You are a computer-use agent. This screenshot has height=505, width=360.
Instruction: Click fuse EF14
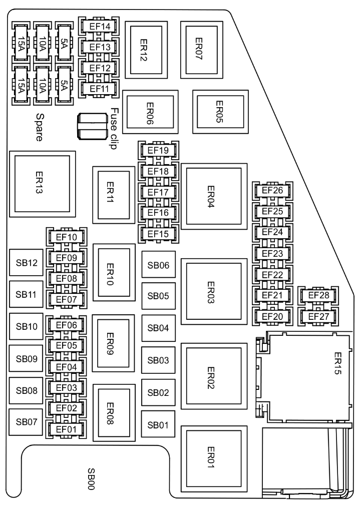coord(99,27)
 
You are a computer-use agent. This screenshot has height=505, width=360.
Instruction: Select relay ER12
coord(146,50)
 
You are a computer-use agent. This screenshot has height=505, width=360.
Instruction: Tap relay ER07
coord(202,50)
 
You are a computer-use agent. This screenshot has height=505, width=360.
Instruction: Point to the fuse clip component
coord(92,126)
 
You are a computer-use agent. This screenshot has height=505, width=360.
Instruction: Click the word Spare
coord(40,127)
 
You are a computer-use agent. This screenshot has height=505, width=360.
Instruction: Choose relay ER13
coord(43,184)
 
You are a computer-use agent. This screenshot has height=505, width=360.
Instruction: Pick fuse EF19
coord(158,151)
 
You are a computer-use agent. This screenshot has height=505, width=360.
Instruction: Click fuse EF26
coord(273,191)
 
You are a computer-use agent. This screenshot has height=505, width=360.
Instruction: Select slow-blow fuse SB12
coord(26,262)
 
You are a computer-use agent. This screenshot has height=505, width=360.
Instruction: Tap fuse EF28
coord(318,295)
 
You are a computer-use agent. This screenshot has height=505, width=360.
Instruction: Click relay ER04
coord(214,196)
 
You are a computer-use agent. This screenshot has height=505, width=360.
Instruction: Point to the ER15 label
coord(337,363)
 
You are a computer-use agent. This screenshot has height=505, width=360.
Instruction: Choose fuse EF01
coord(67,429)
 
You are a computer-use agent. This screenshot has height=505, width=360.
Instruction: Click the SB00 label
coord(91,479)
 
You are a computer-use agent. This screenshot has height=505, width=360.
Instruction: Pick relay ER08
coord(114,412)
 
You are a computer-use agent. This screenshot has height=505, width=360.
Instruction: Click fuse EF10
coord(67,237)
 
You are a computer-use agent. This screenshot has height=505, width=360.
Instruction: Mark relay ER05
coord(220,112)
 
